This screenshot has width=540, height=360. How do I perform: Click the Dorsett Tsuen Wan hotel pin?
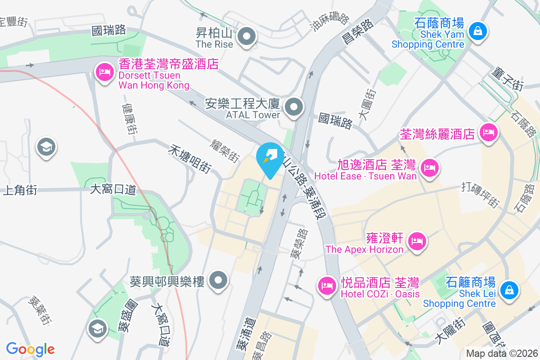click(104, 72)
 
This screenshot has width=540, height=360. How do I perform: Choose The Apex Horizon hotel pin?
click(417, 242)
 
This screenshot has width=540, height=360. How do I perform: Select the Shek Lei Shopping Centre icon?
click(509, 290)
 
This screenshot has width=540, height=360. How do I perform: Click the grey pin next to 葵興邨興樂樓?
click(219, 281)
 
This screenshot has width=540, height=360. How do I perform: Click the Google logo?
click(31, 349)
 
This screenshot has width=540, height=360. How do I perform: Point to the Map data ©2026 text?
click(502, 354)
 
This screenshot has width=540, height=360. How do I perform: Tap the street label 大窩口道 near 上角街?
click(113, 189)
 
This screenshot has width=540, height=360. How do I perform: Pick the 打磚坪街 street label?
click(481, 195)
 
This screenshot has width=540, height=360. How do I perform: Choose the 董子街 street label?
click(508, 78)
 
